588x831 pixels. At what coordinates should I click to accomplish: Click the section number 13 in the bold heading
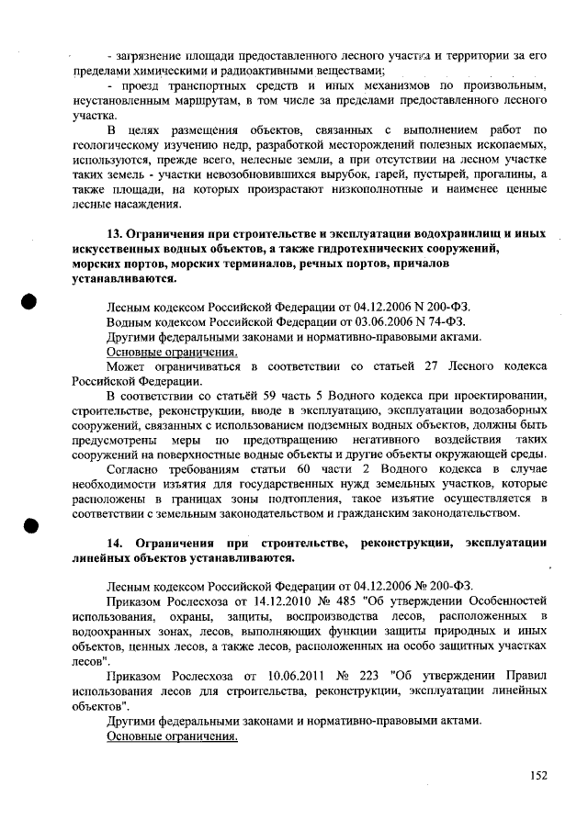point(115,233)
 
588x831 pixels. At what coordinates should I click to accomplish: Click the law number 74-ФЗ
point(447,321)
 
